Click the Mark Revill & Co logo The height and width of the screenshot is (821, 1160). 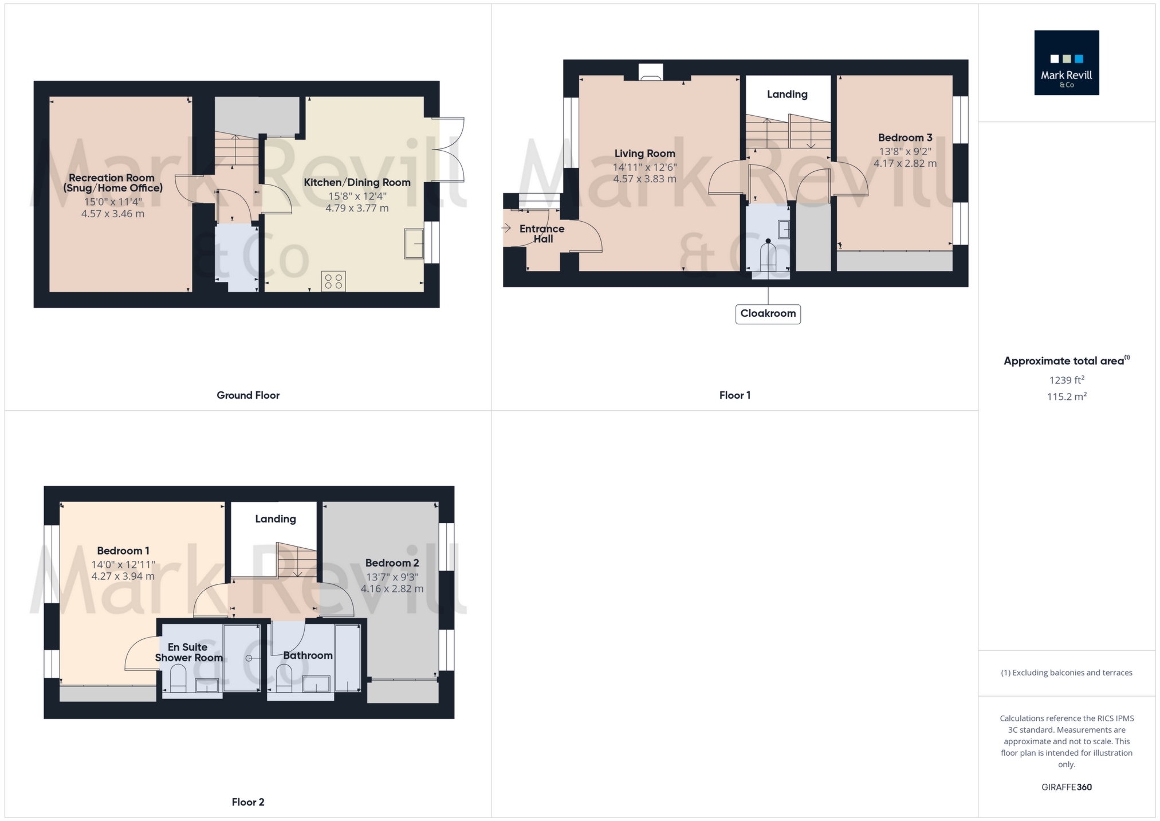(1066, 62)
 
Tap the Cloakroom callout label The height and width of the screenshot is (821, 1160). (768, 313)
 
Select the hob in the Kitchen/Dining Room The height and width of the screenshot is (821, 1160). (333, 281)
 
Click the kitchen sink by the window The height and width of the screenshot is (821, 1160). (414, 243)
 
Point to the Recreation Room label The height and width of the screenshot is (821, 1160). (112, 183)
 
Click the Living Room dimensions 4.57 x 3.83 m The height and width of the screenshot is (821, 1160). (644, 179)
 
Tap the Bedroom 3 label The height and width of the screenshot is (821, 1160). (905, 138)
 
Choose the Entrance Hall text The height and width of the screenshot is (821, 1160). (542, 234)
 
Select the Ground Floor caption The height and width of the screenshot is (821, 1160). (248, 395)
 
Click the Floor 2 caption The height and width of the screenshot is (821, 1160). (248, 802)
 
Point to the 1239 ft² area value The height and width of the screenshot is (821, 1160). (1066, 380)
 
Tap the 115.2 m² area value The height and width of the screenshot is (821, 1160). (1066, 396)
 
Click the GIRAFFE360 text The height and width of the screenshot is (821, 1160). (1066, 787)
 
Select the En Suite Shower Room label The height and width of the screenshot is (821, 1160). (188, 652)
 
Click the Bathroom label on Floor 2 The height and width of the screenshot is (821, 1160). (308, 655)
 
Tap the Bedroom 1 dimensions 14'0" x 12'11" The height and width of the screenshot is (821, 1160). (123, 564)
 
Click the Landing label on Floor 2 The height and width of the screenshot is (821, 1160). (276, 518)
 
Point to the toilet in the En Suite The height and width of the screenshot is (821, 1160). (178, 678)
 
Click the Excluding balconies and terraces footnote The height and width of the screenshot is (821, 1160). (1066, 673)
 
